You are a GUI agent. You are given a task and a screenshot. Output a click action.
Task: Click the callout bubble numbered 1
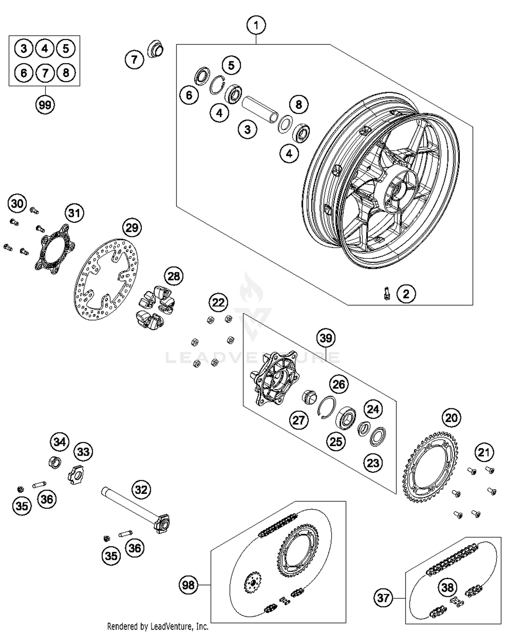[256, 25]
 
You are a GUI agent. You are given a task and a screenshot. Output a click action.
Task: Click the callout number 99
[45, 105]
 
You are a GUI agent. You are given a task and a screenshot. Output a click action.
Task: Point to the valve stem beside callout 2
[387, 293]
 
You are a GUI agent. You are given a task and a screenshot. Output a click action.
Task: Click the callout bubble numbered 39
[326, 338]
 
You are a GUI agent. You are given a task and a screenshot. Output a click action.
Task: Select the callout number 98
[188, 585]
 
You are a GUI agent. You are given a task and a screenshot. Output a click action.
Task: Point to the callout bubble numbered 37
[383, 598]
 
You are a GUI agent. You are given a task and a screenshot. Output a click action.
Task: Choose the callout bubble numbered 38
[447, 587]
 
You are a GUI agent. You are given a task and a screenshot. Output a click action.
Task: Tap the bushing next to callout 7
[156, 49]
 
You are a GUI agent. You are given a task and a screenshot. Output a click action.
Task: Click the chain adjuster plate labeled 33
[76, 475]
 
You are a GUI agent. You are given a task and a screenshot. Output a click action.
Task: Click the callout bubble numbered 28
[174, 276]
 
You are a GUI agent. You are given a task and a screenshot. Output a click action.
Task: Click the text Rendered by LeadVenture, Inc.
[158, 627]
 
